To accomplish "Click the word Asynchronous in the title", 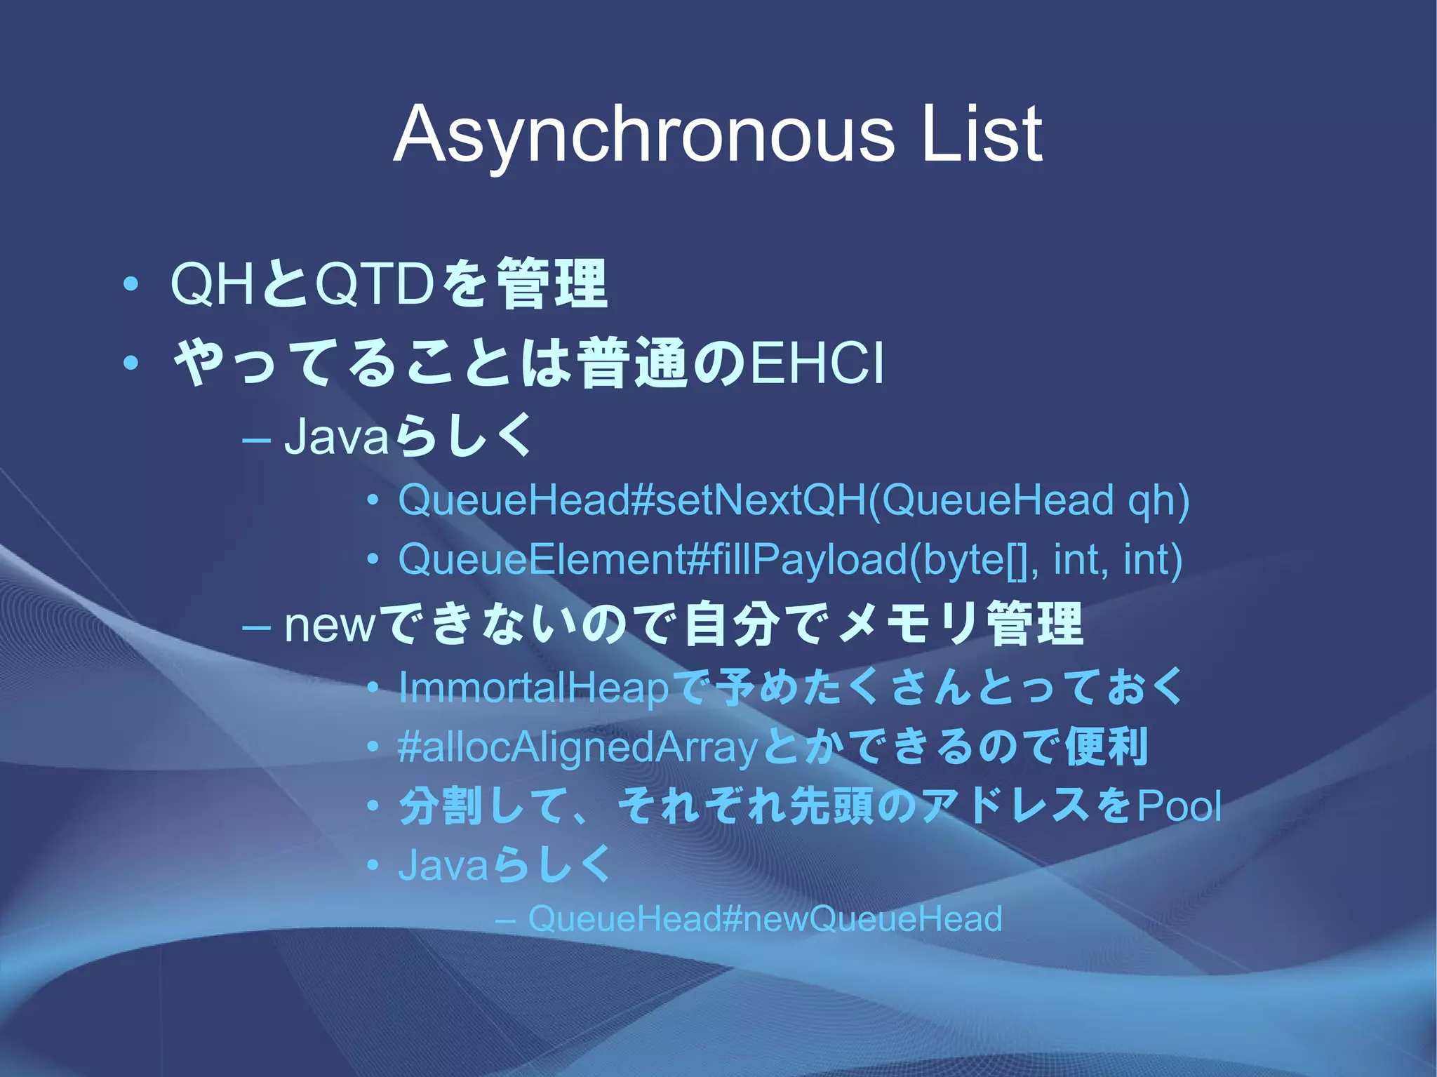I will point(643,135).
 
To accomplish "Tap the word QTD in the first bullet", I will point(373,285).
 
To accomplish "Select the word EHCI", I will point(817,363).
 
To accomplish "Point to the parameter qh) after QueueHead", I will point(1158,501).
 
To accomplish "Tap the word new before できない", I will point(330,624).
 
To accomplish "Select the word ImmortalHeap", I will point(534,688).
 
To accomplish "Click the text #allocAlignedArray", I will point(577,747).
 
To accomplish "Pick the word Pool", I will point(1179,806).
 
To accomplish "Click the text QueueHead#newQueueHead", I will point(765,919).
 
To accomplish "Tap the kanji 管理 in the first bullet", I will point(552,285).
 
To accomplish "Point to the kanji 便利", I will point(1107,747).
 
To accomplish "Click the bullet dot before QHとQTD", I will point(130,285).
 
